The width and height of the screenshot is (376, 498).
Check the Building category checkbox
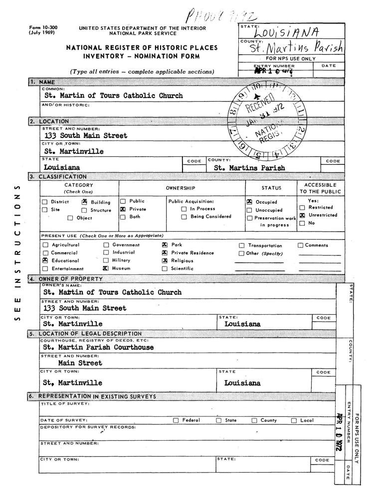click(x=85, y=202)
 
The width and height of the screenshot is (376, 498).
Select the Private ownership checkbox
click(x=123, y=210)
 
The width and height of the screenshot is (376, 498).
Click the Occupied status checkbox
click(x=249, y=203)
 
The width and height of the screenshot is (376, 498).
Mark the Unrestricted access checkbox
click(x=302, y=215)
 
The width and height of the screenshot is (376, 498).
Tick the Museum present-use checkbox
click(x=106, y=268)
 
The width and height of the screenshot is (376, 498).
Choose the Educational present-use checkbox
click(x=45, y=260)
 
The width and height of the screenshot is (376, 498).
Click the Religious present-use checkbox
click(x=165, y=260)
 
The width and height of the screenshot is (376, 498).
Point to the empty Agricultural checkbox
click(x=45, y=245)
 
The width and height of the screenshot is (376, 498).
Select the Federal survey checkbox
click(x=176, y=420)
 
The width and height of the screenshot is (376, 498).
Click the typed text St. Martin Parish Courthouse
click(x=99, y=347)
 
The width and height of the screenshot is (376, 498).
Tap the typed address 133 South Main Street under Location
click(x=85, y=135)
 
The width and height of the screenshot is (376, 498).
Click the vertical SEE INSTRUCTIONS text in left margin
click(x=17, y=254)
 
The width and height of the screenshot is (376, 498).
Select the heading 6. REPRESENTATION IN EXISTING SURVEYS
click(x=99, y=396)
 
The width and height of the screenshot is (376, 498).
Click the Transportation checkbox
click(x=242, y=246)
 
